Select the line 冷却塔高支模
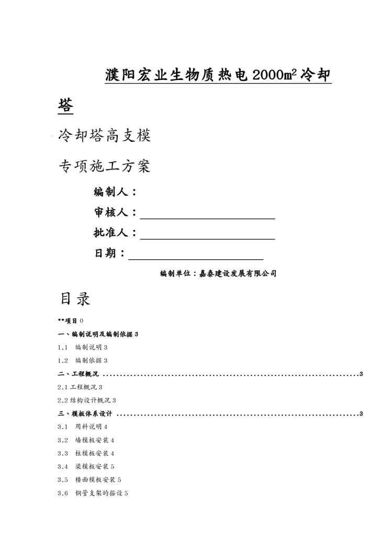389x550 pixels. click(105, 136)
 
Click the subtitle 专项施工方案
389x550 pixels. click(105, 167)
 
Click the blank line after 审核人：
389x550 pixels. click(207, 214)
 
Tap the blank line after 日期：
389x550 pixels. click(196, 254)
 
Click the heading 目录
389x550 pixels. click(75, 299)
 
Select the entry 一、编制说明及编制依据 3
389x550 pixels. click(98, 334)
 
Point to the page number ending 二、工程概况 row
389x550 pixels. click(361, 374)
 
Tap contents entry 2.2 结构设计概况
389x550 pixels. click(87, 400)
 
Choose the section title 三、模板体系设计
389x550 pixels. click(86, 414)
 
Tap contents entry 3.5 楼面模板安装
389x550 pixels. click(89, 479)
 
